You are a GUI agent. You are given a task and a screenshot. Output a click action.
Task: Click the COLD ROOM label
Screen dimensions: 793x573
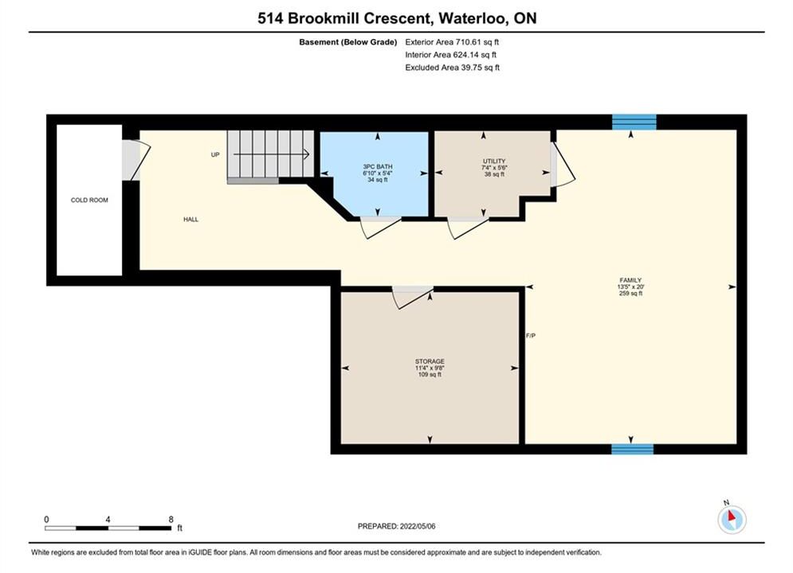[x=89, y=200]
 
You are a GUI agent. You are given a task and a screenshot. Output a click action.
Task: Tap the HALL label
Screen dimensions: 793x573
[x=190, y=219]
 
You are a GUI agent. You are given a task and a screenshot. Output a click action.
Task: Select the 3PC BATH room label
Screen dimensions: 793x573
[x=377, y=166]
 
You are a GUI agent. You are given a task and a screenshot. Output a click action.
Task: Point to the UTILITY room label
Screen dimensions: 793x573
[x=494, y=161]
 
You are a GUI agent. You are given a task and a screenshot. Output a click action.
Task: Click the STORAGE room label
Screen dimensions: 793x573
[x=430, y=361]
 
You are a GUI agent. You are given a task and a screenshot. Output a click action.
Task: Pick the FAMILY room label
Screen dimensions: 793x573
[x=630, y=280]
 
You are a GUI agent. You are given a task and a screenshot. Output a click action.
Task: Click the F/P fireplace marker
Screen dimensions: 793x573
[x=531, y=335]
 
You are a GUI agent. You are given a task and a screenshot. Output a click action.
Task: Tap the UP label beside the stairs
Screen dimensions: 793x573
[x=215, y=154]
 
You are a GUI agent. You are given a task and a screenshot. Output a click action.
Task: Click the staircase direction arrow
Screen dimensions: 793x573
[x=271, y=154]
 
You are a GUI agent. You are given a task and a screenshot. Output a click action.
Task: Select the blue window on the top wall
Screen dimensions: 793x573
[x=634, y=123]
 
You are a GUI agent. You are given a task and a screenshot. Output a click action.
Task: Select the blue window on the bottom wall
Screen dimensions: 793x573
[x=632, y=449]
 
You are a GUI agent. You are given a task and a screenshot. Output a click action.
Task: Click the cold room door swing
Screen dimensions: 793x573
[x=137, y=160]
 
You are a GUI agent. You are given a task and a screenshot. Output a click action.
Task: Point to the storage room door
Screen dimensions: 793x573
[x=413, y=298]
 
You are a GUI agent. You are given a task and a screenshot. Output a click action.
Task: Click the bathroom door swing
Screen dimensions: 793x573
[x=380, y=228]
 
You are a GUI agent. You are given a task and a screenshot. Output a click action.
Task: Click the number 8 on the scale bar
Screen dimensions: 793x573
[x=171, y=519]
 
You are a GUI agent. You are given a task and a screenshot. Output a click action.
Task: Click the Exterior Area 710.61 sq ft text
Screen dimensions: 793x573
[x=452, y=42]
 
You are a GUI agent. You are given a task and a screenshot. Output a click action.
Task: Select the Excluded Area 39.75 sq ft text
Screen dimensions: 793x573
[x=452, y=67]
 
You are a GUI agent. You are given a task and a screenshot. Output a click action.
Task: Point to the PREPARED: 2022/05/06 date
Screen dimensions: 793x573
[x=397, y=526]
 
